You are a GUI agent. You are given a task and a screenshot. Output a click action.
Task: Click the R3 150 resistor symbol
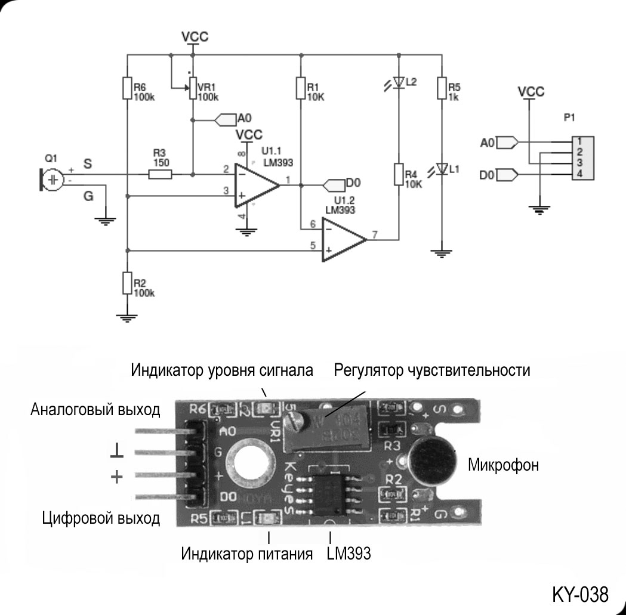coord(160,175)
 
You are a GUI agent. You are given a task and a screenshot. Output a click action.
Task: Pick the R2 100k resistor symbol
coord(127,283)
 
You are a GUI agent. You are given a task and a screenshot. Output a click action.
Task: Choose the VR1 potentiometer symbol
coord(193,88)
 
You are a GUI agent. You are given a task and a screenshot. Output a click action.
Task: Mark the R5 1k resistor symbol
coord(441,88)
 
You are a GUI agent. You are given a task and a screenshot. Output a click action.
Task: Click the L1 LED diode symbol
coord(442,169)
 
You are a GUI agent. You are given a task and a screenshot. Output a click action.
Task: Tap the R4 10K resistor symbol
coord(398,175)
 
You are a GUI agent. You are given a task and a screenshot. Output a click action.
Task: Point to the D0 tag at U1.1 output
coord(334,183)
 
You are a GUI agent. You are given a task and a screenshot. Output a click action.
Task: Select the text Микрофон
coord(503,465)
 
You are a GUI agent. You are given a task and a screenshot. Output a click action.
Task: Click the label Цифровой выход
coord(101,518)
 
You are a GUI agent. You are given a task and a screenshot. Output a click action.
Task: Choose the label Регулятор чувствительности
coord(432,370)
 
